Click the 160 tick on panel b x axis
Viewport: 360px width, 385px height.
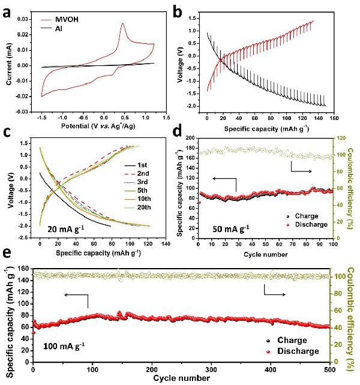tap(332, 118)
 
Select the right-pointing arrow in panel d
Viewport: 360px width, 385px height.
tap(304, 172)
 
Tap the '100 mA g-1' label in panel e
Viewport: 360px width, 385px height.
tap(64, 345)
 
